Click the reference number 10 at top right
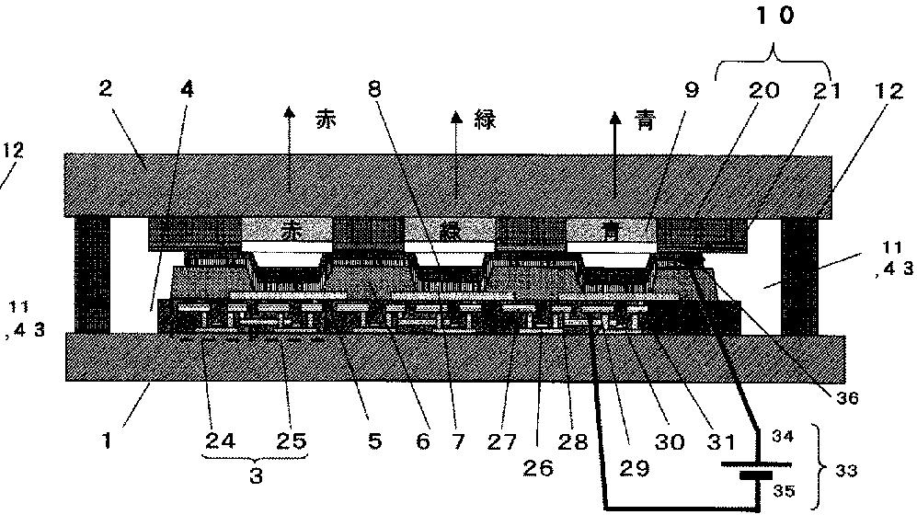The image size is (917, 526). [774, 16]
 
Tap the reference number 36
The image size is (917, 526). [847, 398]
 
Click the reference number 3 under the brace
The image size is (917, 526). [257, 477]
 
